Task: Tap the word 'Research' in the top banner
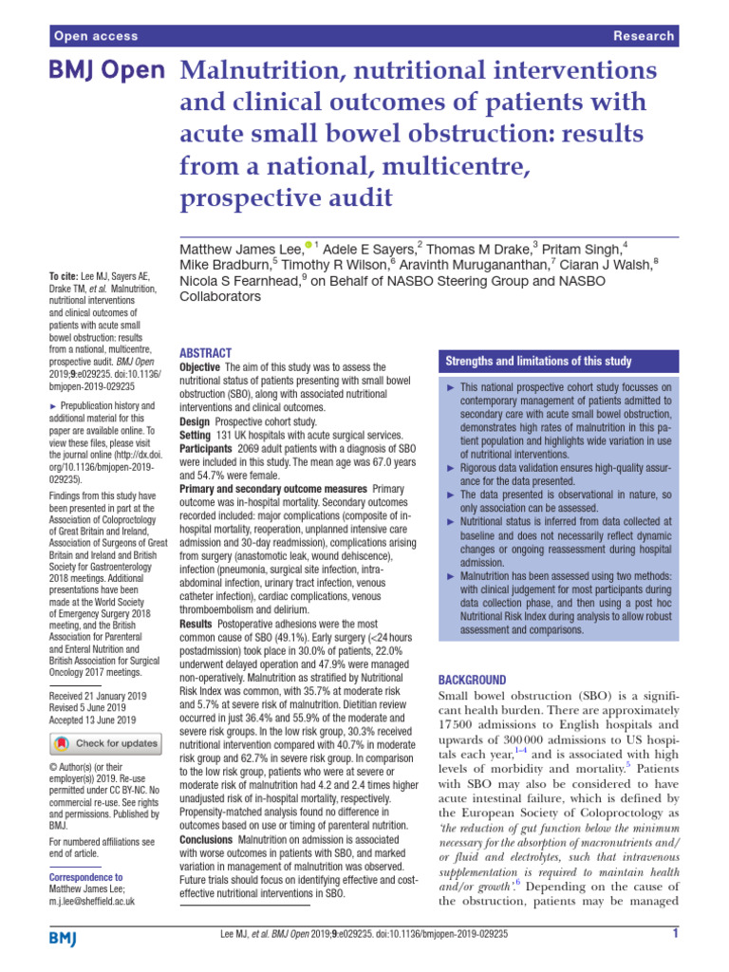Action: click(x=645, y=36)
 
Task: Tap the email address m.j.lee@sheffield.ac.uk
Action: click(x=91, y=901)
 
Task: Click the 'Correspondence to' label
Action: click(x=85, y=877)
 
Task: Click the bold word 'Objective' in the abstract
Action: click(x=199, y=366)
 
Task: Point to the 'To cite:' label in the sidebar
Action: click(x=65, y=275)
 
